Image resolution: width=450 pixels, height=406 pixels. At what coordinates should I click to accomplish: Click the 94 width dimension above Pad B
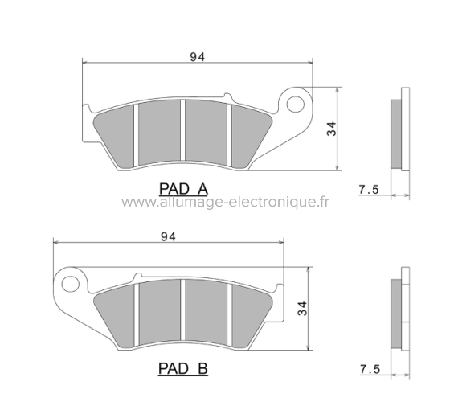click(x=168, y=236)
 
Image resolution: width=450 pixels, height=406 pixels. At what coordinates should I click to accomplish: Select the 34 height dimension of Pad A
click(x=330, y=129)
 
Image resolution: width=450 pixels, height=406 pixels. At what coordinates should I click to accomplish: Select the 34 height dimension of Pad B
click(x=301, y=308)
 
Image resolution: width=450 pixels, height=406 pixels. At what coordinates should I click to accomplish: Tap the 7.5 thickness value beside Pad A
click(x=368, y=190)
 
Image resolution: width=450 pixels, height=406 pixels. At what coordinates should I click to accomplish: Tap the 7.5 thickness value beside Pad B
click(x=370, y=369)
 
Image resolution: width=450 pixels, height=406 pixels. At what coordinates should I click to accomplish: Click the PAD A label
click(x=183, y=189)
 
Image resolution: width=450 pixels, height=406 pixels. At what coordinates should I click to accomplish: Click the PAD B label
click(x=183, y=369)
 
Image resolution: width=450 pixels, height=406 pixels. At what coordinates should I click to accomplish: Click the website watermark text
click(x=226, y=203)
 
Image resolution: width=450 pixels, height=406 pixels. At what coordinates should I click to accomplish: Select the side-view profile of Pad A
click(x=397, y=133)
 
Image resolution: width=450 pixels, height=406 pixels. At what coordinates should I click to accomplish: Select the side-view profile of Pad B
click(x=397, y=314)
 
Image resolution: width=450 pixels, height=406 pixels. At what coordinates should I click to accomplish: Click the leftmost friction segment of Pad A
click(x=117, y=133)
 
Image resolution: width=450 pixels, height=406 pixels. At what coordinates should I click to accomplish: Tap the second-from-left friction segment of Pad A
click(x=160, y=133)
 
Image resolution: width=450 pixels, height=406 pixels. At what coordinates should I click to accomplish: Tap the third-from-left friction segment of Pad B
click(x=207, y=313)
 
